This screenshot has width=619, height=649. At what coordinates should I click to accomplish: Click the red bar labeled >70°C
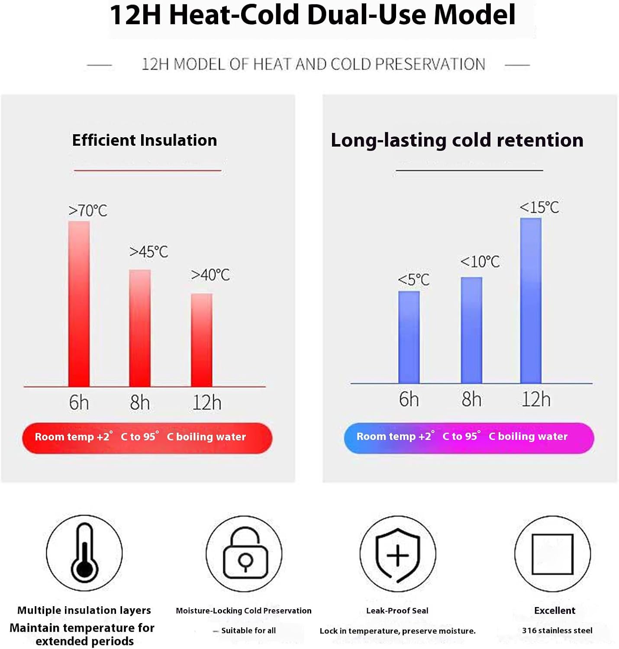79,304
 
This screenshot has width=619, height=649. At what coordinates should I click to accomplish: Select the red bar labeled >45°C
140,328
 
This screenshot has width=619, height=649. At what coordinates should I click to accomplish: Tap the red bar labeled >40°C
201,340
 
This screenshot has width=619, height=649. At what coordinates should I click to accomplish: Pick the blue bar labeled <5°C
409,337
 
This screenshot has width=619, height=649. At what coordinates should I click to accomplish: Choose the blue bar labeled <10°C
471,330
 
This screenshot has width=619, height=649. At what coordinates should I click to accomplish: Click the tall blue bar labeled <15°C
531,301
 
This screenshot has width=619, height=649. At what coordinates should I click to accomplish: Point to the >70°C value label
88,211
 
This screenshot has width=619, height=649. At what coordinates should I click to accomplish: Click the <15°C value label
539,207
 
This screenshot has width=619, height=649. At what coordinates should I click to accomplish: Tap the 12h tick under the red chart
207,402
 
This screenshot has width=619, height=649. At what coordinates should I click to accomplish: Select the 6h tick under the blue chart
409,399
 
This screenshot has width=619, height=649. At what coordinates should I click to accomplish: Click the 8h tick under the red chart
140,402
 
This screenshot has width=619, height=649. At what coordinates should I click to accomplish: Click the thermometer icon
84,553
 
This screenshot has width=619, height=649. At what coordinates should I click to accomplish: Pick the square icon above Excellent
552,554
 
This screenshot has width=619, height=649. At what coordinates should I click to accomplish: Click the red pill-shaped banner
147,438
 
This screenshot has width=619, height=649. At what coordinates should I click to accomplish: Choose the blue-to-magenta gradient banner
469,438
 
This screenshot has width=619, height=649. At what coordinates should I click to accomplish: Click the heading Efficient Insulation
145,140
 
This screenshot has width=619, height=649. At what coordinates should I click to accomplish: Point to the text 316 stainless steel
557,630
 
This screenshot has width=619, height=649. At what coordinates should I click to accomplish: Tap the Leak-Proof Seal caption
397,610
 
